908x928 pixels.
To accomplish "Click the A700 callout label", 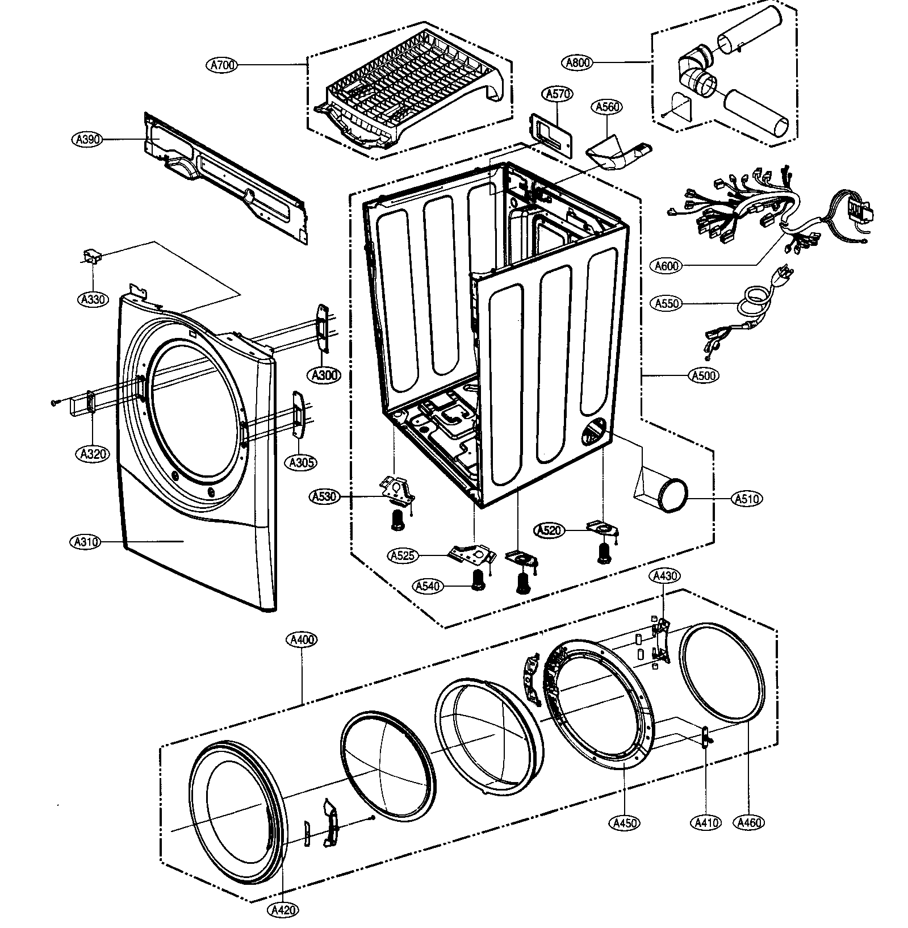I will click(x=221, y=65).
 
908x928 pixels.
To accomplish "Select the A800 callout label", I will click(x=579, y=62).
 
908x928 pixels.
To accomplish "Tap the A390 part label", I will click(x=87, y=139).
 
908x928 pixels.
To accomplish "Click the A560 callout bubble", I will click(x=608, y=107).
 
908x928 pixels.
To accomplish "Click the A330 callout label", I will click(x=92, y=299).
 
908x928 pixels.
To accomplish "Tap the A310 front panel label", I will click(x=86, y=542).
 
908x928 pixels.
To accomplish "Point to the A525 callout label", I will click(x=403, y=556).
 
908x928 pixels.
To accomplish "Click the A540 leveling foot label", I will click(x=428, y=586).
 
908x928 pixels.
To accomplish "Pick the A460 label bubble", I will click(x=748, y=822).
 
